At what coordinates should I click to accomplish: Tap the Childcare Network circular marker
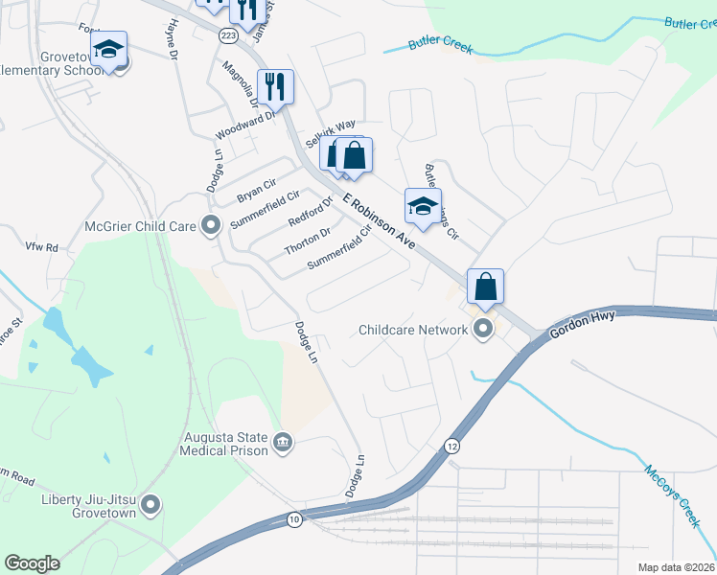click(483, 331)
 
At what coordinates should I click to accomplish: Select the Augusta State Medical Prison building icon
click(283, 442)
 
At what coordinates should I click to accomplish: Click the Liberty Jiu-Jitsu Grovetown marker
click(150, 504)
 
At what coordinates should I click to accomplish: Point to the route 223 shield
click(228, 35)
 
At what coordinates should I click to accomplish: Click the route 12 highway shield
click(451, 446)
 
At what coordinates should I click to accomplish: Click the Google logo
click(32, 563)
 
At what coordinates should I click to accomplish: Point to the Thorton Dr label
click(308, 242)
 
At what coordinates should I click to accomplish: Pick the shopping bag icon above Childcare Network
click(485, 286)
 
